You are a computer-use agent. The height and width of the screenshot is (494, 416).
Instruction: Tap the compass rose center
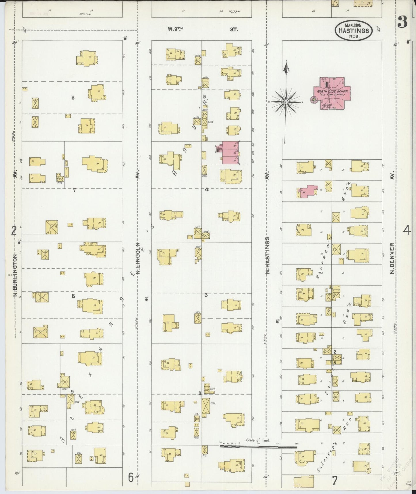click(x=286, y=102)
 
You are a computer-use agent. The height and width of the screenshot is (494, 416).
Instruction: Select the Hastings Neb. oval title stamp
click(x=354, y=30)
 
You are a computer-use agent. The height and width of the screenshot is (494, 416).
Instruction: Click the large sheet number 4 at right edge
click(x=407, y=231)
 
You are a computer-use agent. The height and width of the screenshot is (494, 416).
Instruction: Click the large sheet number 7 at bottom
click(x=335, y=480)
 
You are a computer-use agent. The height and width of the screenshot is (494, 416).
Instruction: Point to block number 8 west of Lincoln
click(x=73, y=296)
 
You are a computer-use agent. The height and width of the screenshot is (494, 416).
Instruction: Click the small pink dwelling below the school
click(x=307, y=191)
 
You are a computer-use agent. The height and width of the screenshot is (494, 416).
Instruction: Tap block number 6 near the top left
click(x=73, y=98)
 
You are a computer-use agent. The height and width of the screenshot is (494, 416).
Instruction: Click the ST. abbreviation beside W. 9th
click(x=234, y=29)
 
